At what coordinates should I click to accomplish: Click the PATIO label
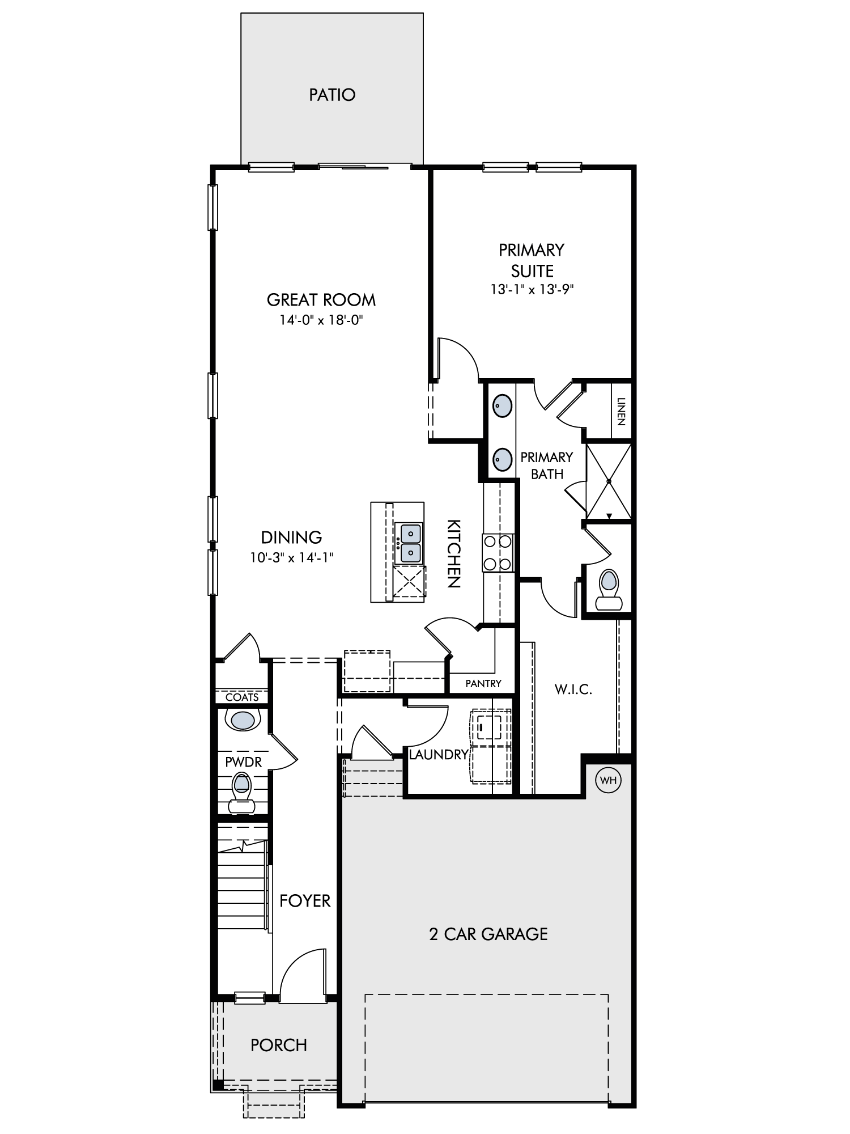[x=332, y=95]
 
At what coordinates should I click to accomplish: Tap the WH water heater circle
[x=609, y=780]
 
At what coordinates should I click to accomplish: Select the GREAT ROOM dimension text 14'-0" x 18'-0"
[x=321, y=320]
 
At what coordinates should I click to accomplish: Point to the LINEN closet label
[x=621, y=412]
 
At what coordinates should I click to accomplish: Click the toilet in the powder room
[x=242, y=793]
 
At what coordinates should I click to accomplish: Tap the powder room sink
[x=243, y=720]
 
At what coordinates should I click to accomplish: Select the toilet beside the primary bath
[x=608, y=589]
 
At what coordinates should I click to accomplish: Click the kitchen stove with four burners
[x=498, y=552]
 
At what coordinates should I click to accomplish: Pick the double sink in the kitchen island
[x=411, y=543]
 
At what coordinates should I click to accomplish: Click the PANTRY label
[x=483, y=684]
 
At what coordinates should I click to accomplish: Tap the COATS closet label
[x=242, y=697]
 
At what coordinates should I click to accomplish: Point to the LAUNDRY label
[x=439, y=755]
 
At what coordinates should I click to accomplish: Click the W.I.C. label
[x=573, y=689]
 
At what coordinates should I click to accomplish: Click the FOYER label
[x=305, y=901]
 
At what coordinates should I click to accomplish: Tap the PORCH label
[x=279, y=1045]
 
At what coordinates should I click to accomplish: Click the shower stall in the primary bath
[x=609, y=481]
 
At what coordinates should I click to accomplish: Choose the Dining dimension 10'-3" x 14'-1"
[x=291, y=558]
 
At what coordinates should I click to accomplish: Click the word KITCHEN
[x=454, y=553]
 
